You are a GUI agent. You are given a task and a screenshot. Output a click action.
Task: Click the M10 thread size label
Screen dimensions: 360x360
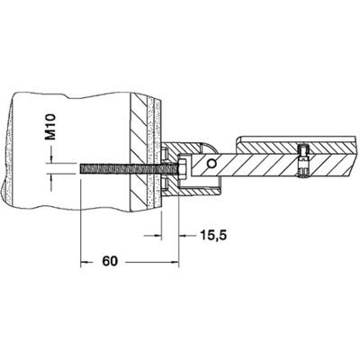point(50,127)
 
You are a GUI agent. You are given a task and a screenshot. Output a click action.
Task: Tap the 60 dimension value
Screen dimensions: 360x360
point(110,261)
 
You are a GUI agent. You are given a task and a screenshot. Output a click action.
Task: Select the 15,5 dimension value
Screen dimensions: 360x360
point(212,236)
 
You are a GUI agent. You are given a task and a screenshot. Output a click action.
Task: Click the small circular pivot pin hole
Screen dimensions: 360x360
point(211,163)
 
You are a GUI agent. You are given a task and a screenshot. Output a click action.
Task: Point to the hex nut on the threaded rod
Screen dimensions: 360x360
point(182,168)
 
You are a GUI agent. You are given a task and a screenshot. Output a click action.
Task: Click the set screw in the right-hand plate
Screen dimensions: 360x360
point(303,161)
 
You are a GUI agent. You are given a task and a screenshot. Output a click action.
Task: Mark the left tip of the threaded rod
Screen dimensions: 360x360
point(80,168)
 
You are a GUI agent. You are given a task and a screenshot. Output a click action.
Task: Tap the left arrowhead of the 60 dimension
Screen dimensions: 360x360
point(85,262)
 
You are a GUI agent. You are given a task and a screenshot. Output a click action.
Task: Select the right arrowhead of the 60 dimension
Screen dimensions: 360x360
point(174,262)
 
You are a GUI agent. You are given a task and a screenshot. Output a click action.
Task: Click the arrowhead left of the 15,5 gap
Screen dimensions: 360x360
point(157,236)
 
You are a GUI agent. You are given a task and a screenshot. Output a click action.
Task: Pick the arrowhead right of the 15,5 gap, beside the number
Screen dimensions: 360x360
point(184,236)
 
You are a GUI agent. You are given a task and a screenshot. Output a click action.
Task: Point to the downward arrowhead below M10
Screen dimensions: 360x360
point(51,159)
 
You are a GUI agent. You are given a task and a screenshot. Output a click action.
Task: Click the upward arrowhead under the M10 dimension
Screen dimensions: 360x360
point(51,177)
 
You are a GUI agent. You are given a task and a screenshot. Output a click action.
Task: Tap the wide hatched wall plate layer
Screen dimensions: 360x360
point(139,152)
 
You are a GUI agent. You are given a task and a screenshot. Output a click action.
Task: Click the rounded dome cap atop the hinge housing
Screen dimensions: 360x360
point(209,148)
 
